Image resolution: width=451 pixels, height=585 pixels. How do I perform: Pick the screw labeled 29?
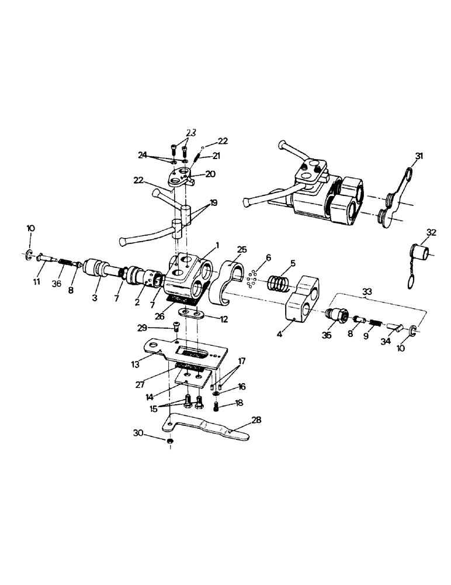click(x=176, y=329)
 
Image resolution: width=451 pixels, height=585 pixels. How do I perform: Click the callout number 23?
click(x=192, y=132)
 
